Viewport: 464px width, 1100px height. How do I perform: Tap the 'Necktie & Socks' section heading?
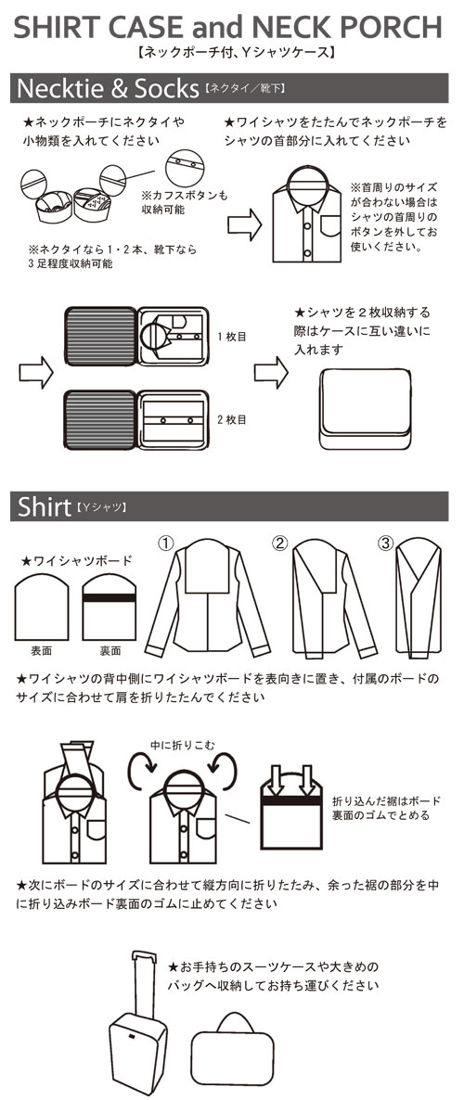[x=108, y=88]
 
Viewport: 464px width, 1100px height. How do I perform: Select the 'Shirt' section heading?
[x=44, y=506]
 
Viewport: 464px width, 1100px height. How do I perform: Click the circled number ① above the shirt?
[x=166, y=544]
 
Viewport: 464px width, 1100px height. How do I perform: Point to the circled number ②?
[x=280, y=544]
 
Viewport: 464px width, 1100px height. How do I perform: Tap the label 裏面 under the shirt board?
[x=110, y=650]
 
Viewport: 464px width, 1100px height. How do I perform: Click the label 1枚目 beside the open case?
[x=232, y=336]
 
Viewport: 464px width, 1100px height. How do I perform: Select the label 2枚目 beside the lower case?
[x=232, y=419]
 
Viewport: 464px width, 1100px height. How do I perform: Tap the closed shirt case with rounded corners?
[x=365, y=409]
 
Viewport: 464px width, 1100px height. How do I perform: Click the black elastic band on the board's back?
[x=109, y=600]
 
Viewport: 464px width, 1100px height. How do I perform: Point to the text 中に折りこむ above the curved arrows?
[x=182, y=745]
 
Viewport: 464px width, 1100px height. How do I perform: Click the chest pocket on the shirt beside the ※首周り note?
[x=329, y=226]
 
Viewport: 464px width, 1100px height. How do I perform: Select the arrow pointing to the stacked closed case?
[x=271, y=372]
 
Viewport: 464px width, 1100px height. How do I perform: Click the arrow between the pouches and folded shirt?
[x=244, y=224]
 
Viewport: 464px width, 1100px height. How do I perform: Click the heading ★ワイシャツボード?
[x=76, y=560]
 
